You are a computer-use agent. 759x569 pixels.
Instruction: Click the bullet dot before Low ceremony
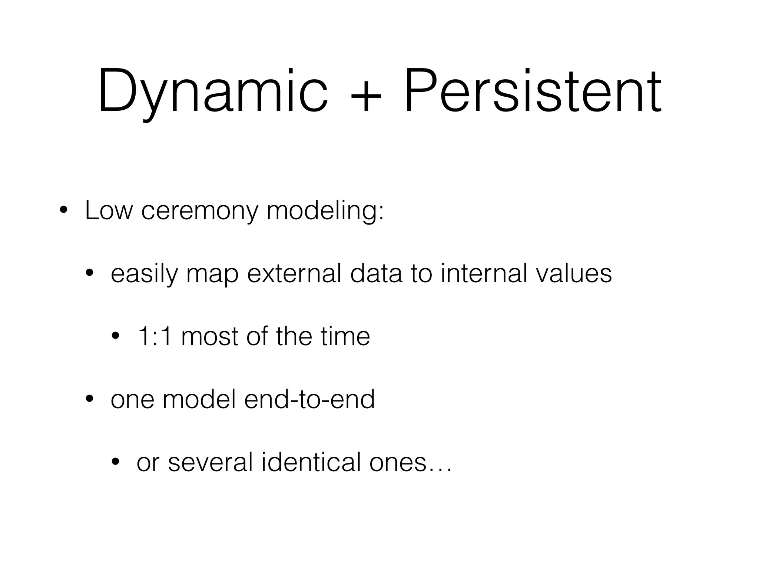63,211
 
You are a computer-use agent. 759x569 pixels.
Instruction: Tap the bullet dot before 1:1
115,337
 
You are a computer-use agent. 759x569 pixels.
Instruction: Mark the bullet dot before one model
89,400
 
